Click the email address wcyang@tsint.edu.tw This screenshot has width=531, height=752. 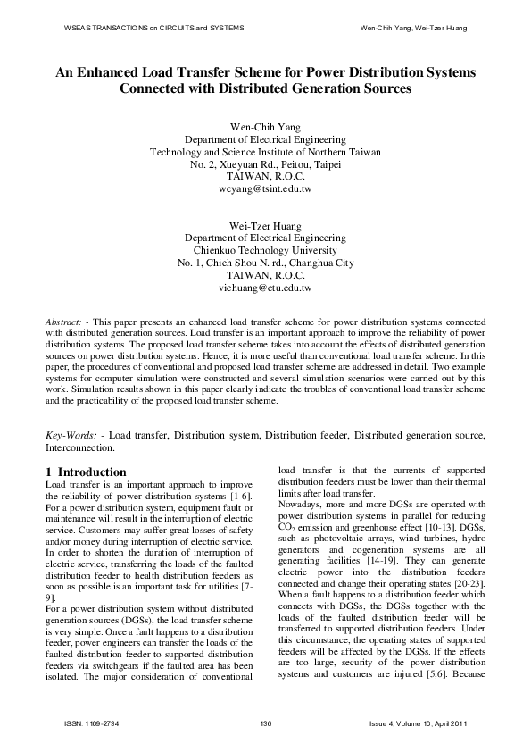(265, 190)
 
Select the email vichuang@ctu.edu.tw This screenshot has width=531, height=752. (265, 288)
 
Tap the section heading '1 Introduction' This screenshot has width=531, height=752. (86, 472)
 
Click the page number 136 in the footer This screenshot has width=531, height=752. (265, 723)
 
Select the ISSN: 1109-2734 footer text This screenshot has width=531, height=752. (86, 723)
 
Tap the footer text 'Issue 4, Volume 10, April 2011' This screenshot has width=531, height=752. (418, 723)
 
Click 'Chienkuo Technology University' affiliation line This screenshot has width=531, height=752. (265, 251)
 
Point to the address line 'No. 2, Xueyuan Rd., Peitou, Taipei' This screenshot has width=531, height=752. (265, 165)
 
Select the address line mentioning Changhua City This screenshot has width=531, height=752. (265, 263)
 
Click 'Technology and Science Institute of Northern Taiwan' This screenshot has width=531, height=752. (265, 153)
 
